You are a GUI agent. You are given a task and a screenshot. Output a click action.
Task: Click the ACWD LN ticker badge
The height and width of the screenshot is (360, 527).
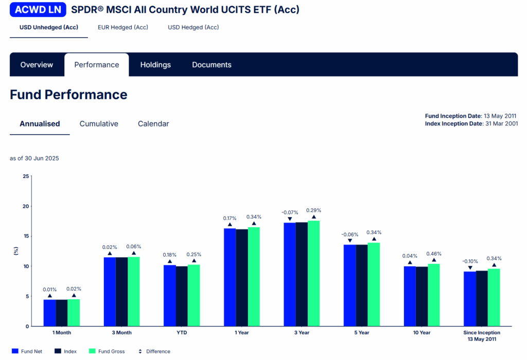(x=38, y=9)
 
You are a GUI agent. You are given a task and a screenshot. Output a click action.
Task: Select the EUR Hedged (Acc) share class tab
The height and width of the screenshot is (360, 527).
(x=123, y=27)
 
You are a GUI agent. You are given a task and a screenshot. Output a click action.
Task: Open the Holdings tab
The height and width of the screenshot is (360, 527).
(x=155, y=65)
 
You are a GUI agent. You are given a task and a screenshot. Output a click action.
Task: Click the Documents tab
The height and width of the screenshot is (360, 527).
(x=212, y=65)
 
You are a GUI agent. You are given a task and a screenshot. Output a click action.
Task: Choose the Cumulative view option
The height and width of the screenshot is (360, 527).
(x=99, y=124)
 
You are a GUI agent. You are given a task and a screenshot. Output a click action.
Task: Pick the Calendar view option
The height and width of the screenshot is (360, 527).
(x=153, y=124)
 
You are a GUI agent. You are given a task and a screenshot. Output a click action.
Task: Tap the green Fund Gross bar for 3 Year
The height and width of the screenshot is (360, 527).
(x=313, y=273)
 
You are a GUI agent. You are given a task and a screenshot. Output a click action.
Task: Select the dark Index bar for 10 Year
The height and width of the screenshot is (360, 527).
(x=422, y=296)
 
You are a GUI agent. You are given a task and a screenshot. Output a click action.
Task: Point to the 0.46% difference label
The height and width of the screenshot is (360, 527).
(x=434, y=254)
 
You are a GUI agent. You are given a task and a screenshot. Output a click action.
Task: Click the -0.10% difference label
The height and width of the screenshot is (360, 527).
(x=470, y=261)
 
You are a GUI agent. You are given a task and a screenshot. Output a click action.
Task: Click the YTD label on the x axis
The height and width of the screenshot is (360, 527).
(x=181, y=333)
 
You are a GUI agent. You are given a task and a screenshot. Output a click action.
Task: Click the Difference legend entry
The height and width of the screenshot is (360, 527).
(x=154, y=351)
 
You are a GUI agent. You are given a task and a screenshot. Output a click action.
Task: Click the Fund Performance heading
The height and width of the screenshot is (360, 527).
(x=68, y=95)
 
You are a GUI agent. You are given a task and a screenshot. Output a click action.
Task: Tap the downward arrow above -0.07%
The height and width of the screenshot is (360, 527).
(x=290, y=219)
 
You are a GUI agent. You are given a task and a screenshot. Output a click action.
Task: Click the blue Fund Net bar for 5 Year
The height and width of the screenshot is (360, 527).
(x=349, y=285)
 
